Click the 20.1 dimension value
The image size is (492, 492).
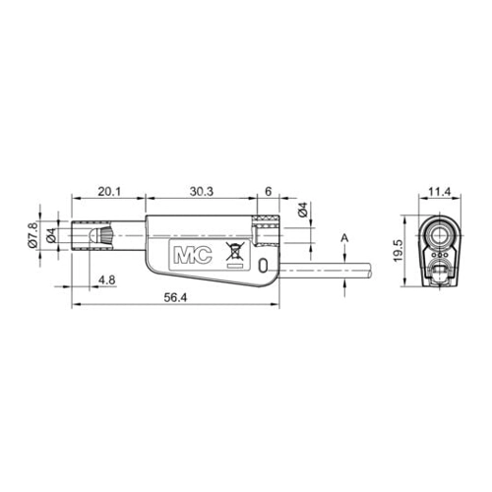point(109,191)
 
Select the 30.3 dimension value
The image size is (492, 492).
point(202,191)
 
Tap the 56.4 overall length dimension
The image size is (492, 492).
point(175,297)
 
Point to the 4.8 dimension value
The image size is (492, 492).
point(107,280)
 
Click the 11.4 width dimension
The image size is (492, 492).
point(440,191)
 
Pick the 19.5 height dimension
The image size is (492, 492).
point(398,250)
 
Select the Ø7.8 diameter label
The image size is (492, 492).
point(32,234)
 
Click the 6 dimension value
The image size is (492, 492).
point(269,191)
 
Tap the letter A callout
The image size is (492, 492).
point(344,238)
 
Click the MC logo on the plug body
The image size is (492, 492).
point(193,255)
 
